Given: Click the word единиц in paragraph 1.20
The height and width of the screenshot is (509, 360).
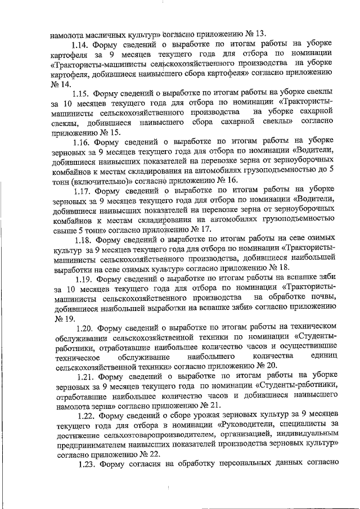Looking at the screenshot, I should (x=325, y=355).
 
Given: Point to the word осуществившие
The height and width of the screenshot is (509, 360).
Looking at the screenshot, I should (x=307, y=345).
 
